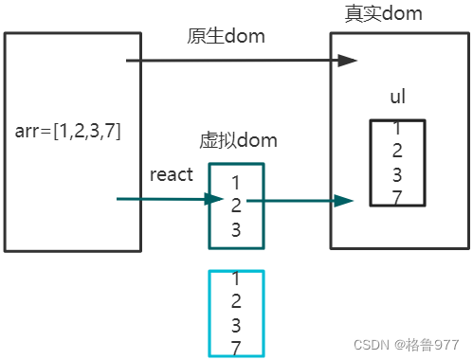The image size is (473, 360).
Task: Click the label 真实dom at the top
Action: pyautogui.click(x=384, y=13)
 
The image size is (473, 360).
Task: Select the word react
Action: pyautogui.click(x=172, y=174)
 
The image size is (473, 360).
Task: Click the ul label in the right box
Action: pyautogui.click(x=398, y=99)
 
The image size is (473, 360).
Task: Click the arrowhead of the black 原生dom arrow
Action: pyautogui.click(x=348, y=61)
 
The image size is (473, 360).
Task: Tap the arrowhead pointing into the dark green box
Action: pyautogui.click(x=214, y=199)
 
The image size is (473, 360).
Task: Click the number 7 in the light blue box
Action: pyautogui.click(x=236, y=348)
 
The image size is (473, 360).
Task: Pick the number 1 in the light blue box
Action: pyautogui.click(x=236, y=279)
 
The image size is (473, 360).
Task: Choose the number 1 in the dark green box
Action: pyautogui.click(x=236, y=181)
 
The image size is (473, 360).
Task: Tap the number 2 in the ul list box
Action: pyautogui.click(x=398, y=150)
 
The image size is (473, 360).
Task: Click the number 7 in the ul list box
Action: pyautogui.click(x=398, y=197)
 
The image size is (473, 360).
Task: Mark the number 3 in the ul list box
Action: pyautogui.click(x=398, y=173)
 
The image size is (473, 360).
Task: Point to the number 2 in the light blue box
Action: pyautogui.click(x=236, y=302)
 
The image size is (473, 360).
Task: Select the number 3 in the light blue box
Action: pyautogui.click(x=236, y=325)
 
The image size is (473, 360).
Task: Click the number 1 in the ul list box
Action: pyautogui.click(x=398, y=128)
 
